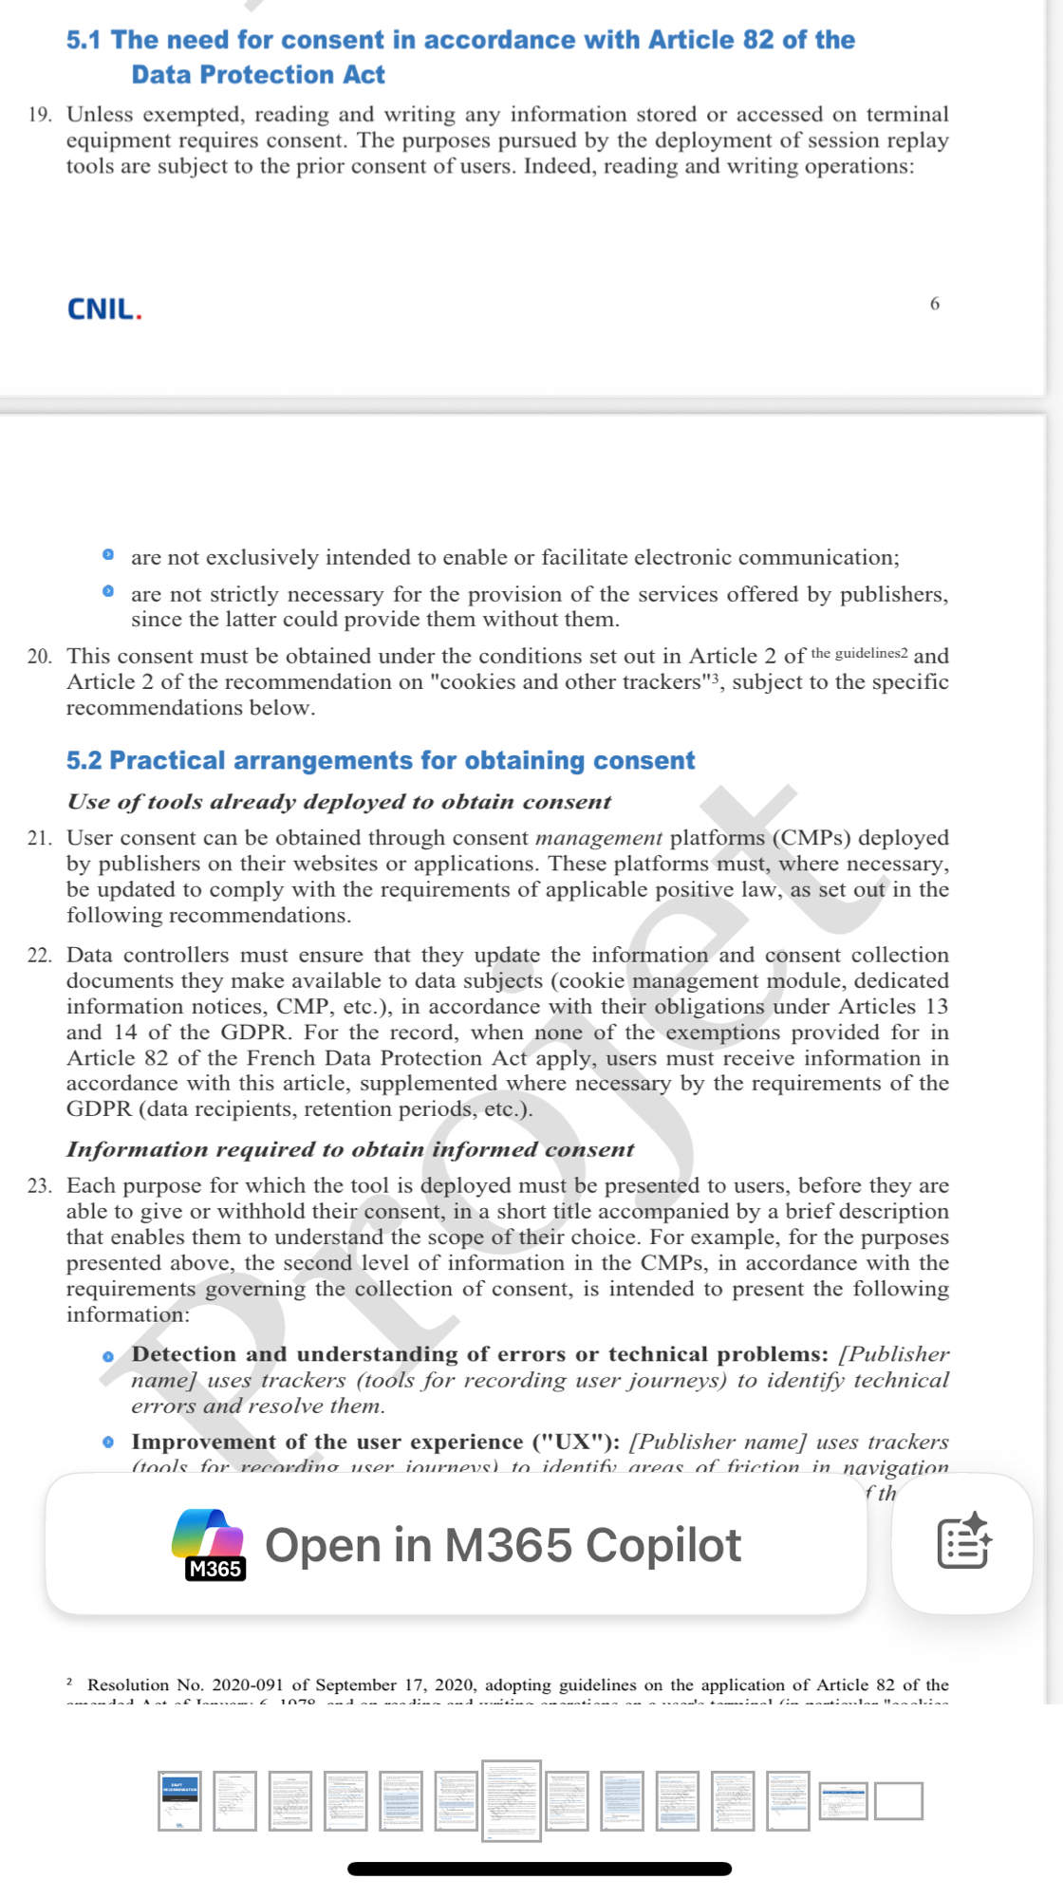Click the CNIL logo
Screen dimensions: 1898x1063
click(x=104, y=309)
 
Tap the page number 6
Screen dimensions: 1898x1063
click(x=935, y=304)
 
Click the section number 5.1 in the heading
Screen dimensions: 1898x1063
click(x=83, y=40)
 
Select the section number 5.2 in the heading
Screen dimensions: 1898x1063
click(x=83, y=760)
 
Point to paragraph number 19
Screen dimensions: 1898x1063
click(x=39, y=115)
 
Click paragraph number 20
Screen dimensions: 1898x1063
click(x=39, y=657)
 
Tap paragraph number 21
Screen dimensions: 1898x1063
click(x=39, y=838)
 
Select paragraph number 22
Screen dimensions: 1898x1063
click(x=39, y=956)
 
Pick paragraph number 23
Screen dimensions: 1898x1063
click(x=39, y=1186)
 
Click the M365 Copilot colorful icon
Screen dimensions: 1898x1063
click(x=208, y=1543)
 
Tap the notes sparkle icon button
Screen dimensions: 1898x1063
click(x=962, y=1543)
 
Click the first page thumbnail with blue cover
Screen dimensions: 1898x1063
click(x=179, y=1800)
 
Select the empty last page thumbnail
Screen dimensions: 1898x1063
click(x=899, y=1801)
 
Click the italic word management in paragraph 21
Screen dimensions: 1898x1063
click(x=599, y=838)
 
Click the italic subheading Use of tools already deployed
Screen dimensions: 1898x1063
click(x=339, y=802)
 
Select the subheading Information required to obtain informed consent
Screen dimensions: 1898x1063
click(x=350, y=1149)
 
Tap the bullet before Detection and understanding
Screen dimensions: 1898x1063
click(x=108, y=1357)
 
